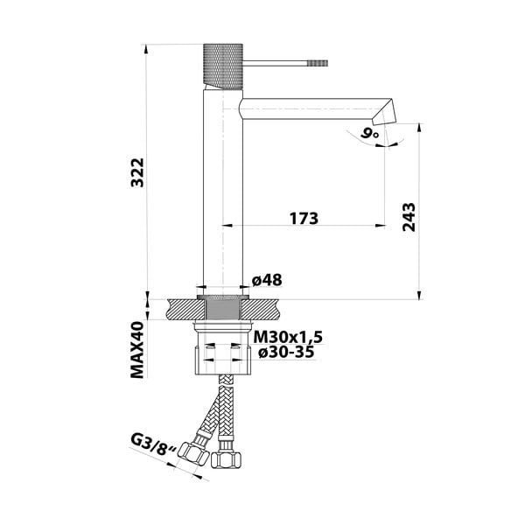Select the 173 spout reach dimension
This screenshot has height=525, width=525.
pos(299,217)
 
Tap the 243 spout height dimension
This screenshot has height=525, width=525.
pos(408,216)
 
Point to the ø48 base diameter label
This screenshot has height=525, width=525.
pos(266,280)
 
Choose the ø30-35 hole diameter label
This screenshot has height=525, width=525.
pos(285,353)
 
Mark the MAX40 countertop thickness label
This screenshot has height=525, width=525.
pos(137,347)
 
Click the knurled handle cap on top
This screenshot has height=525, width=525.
pos(221,64)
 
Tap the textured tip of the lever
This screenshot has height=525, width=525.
pos(314,63)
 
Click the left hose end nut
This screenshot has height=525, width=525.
pos(198,454)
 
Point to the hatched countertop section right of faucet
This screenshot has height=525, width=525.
pos(263,308)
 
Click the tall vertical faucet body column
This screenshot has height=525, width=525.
pos(221,192)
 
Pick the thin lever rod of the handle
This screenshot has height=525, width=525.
pos(271,63)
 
